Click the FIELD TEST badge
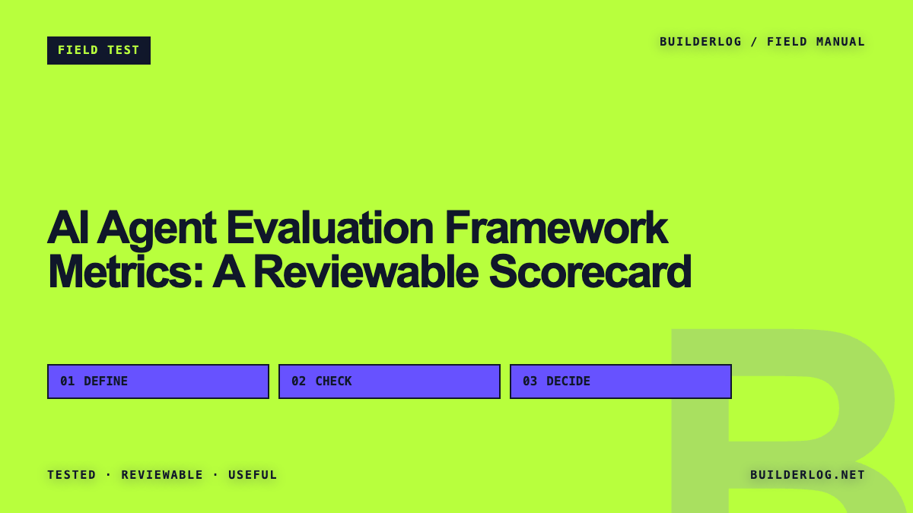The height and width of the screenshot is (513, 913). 99,50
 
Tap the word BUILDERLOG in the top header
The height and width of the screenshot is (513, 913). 700,42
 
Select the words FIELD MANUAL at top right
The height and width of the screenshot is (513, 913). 816,42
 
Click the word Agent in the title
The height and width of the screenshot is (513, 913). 157,229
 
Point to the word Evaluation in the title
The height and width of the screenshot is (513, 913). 329,227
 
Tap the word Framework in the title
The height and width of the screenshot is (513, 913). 556,227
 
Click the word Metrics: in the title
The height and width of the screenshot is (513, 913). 126,271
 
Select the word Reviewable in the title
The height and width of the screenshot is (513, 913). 366,271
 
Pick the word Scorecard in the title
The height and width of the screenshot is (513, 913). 590,271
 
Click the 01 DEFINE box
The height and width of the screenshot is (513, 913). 158,382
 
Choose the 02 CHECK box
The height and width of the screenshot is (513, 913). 390,382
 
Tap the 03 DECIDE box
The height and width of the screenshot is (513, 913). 621,382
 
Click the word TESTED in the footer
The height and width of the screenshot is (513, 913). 72,475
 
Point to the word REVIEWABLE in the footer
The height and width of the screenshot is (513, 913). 162,475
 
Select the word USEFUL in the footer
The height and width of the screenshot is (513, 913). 253,475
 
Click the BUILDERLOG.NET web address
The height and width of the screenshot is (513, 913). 807,475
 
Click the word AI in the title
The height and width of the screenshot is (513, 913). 68,227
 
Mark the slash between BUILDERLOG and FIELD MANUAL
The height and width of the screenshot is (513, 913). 755,42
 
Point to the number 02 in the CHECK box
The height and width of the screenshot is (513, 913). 298,382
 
